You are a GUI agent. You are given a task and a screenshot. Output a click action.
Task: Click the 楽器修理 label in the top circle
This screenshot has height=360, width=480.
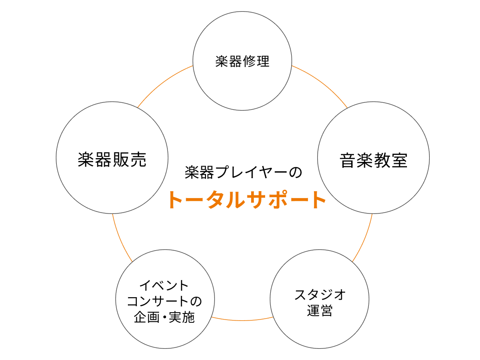pos(242,61)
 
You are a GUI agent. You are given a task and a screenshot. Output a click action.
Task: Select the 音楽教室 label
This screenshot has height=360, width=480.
pos(373,160)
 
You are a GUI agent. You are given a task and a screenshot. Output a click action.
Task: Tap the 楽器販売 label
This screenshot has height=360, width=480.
pos(112,160)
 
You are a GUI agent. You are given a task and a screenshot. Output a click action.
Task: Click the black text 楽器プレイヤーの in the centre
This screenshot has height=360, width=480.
pos(243,173)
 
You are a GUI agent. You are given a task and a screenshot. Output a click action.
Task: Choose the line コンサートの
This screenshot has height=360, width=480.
pos(165,301)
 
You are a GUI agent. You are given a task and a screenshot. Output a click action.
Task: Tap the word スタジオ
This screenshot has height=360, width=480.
pos(320,294)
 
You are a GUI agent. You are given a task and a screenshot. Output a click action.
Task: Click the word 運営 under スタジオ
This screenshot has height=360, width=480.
pos(320,311)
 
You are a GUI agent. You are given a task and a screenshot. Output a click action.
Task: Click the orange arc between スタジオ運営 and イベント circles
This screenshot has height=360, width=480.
pos(242,320)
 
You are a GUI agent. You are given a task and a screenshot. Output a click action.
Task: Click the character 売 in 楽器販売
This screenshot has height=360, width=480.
pos(138,160)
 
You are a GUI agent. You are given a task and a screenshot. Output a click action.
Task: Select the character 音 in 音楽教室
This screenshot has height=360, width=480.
pos(348,160)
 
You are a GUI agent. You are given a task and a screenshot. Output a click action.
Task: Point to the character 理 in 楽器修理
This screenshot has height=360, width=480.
pos(263,61)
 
